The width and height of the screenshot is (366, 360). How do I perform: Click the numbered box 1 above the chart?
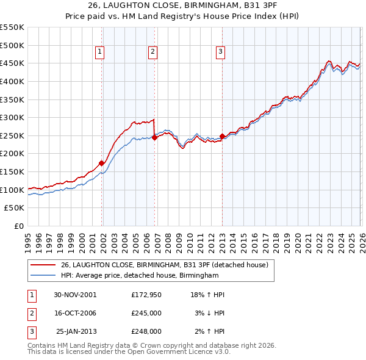(99, 52)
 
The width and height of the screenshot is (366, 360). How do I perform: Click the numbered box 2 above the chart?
(152, 52)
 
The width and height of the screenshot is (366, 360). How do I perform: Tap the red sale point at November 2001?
(102, 162)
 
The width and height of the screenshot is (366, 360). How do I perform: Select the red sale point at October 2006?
(154, 137)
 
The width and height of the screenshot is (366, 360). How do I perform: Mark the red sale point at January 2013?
(222, 136)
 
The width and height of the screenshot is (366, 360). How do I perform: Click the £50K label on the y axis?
(15, 208)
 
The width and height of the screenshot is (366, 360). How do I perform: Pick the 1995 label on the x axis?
(28, 238)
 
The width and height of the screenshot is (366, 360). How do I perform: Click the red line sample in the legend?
(43, 265)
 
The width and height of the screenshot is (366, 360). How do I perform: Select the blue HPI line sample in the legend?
(43, 276)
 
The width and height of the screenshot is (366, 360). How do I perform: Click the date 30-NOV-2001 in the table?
(75, 294)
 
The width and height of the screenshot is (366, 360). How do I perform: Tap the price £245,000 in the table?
(146, 313)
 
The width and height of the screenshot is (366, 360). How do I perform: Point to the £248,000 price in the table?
(146, 331)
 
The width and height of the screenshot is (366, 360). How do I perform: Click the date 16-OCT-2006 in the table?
(75, 313)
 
